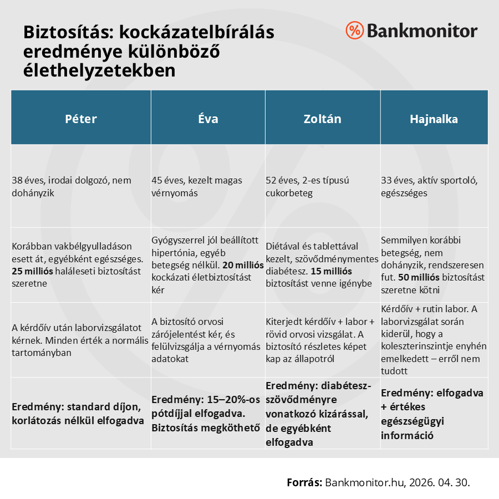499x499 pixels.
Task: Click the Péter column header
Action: pyautogui.click(x=81, y=119)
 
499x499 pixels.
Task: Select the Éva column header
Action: pyautogui.click(x=208, y=119)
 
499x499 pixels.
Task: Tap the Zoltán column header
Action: pyautogui.click(x=322, y=119)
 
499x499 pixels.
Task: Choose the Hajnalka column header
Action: pyautogui.click(x=434, y=119)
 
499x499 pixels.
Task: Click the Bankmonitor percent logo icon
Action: pyautogui.click(x=354, y=30)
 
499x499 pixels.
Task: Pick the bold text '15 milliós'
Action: pyautogui.click(x=331, y=272)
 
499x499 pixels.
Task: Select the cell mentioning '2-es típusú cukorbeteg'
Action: pyautogui.click(x=308, y=187)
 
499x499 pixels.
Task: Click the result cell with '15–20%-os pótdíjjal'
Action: pyautogui.click(x=206, y=413)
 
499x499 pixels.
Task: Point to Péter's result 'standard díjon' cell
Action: pyautogui.click(x=78, y=413)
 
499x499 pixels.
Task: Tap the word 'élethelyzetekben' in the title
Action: pyautogui.click(x=99, y=70)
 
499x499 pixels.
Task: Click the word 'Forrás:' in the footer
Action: pyautogui.click(x=304, y=482)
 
